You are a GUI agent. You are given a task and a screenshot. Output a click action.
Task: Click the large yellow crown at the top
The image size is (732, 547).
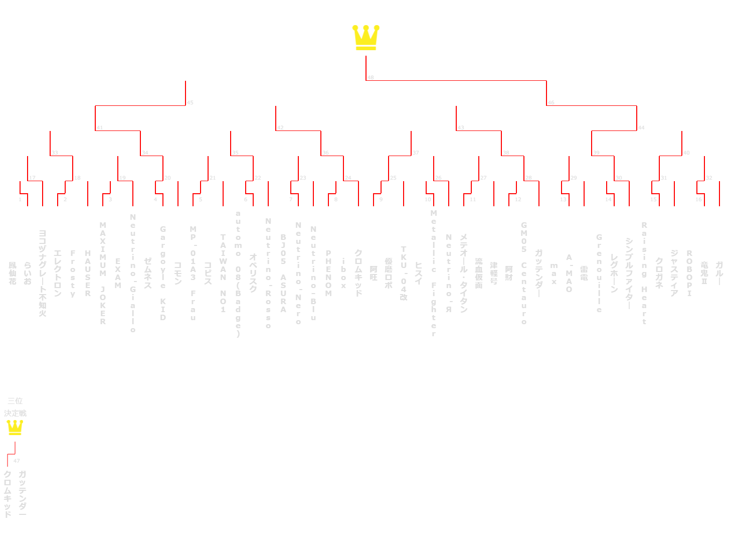point(365,38)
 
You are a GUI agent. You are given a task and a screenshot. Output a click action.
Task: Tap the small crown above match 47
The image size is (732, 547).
point(15,428)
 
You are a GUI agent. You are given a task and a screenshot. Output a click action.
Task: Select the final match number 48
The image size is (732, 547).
point(371,78)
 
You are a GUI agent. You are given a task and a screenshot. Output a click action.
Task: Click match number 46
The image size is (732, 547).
point(551,103)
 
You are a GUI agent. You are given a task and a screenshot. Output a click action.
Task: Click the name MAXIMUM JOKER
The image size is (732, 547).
point(103,273)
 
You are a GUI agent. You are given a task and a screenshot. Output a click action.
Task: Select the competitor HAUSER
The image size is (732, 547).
point(88,273)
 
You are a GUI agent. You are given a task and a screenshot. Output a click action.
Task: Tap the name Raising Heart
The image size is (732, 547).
point(644,273)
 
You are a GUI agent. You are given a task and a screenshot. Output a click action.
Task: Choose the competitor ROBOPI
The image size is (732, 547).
point(689,273)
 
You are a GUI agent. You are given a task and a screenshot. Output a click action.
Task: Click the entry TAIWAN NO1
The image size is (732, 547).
point(223,273)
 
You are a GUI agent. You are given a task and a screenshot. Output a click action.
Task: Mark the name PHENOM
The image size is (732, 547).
point(328,273)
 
